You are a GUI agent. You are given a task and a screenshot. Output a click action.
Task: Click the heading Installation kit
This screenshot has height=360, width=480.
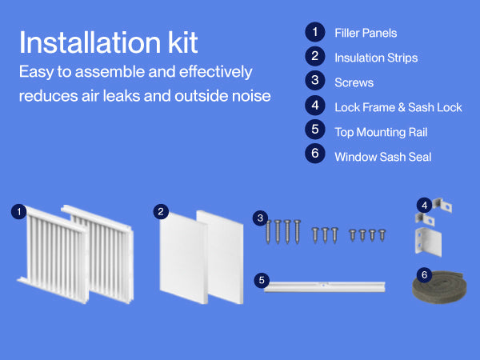coord(108,42)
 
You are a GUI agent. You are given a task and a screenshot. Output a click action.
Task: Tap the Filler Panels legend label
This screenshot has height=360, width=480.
coord(366,33)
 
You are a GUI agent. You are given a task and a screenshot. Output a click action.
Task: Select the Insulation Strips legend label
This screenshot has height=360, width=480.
coord(376,58)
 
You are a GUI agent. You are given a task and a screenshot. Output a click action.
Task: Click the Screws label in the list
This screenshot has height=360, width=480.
coord(354,82)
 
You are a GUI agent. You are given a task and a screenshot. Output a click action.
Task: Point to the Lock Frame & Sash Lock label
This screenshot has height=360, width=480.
coord(398,107)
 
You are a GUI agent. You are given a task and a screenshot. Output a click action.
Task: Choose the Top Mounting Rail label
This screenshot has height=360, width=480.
coord(381,132)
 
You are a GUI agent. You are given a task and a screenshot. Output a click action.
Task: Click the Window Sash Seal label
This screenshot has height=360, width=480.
coord(382,157)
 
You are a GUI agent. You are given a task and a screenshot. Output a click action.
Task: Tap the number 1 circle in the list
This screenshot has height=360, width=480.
coord(315,32)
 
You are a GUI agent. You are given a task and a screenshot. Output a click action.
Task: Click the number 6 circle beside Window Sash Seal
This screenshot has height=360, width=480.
coord(315,153)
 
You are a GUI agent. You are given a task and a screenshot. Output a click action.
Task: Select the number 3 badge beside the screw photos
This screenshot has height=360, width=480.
coord(260,218)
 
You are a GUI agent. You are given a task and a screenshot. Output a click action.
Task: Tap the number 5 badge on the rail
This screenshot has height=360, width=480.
coord(262,280)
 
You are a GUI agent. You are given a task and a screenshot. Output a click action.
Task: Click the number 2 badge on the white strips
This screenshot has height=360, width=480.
coord(161,211)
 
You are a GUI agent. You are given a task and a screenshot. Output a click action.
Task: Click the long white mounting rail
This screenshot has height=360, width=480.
coord(325,287)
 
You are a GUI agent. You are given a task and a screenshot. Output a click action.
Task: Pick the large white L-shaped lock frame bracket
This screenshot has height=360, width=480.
coord(428,242)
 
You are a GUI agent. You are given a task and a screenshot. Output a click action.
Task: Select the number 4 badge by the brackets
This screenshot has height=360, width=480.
coord(424,205)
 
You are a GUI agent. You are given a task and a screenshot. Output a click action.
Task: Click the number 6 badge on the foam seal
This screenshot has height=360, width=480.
coord(424,274)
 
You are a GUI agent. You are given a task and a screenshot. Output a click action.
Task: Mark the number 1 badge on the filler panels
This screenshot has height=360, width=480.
coord(18,211)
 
